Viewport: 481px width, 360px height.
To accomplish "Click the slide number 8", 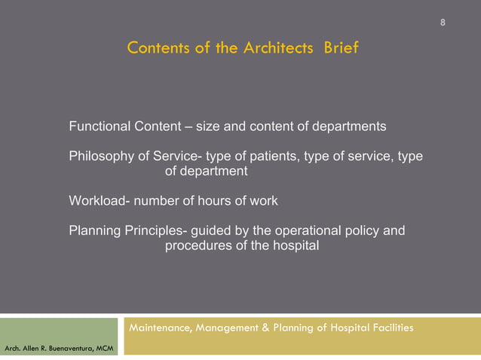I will [x=443, y=21].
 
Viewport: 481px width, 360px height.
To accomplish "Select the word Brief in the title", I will [x=342, y=49].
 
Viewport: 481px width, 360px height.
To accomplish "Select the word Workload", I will [x=98, y=201].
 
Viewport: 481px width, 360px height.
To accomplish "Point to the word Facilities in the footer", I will [x=389, y=328].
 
